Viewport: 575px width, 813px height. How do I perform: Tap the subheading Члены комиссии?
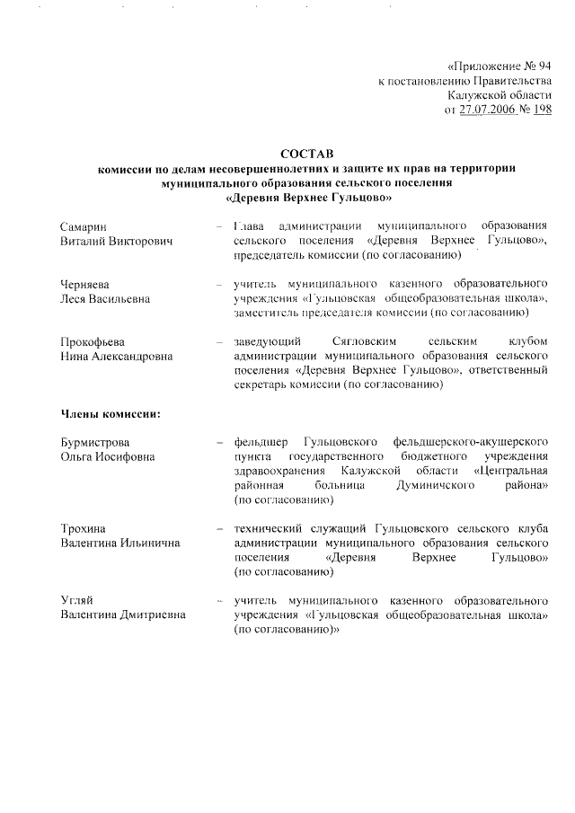(x=111, y=414)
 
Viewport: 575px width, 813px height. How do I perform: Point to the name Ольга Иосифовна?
(x=107, y=457)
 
